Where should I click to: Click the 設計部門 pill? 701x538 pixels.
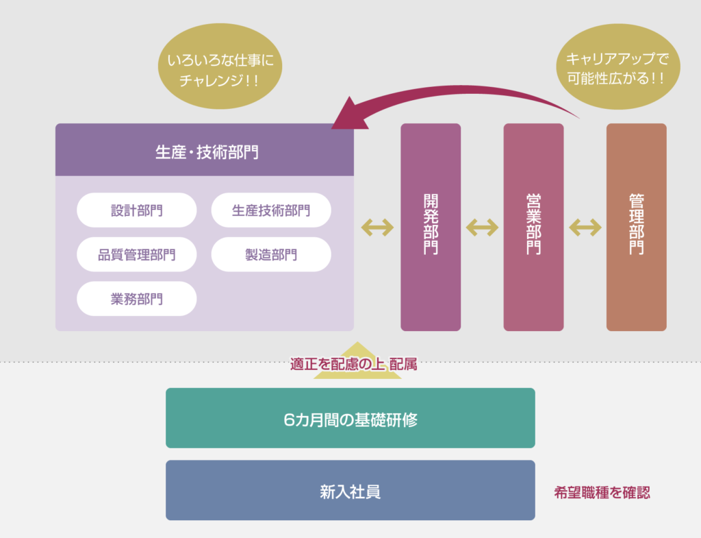pyautogui.click(x=137, y=210)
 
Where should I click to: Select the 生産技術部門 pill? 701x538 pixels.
pyautogui.click(x=271, y=210)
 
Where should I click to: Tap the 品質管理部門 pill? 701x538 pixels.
pyautogui.click(x=137, y=255)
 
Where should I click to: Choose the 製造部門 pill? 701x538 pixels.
pyautogui.click(x=271, y=255)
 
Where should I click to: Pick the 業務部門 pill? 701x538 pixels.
pyautogui.click(x=137, y=299)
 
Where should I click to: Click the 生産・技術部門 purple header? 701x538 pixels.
pyautogui.click(x=205, y=150)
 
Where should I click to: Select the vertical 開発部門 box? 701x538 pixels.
pyautogui.click(x=431, y=227)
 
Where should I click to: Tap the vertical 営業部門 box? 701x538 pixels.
pyautogui.click(x=533, y=227)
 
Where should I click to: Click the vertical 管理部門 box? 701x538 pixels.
pyautogui.click(x=636, y=227)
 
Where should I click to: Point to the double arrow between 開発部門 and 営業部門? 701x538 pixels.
pyautogui.click(x=482, y=227)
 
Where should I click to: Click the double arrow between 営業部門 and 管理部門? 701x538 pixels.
pyautogui.click(x=585, y=227)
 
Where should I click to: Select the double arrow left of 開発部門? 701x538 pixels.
pyautogui.click(x=377, y=227)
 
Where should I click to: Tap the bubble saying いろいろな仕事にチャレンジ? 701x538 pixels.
pyautogui.click(x=220, y=70)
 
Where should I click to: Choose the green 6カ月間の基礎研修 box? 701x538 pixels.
pyautogui.click(x=350, y=418)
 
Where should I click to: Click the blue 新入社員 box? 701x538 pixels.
pyautogui.click(x=350, y=490)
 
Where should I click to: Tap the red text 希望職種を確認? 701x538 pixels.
pyautogui.click(x=602, y=492)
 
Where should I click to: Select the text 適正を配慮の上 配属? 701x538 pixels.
pyautogui.click(x=353, y=365)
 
